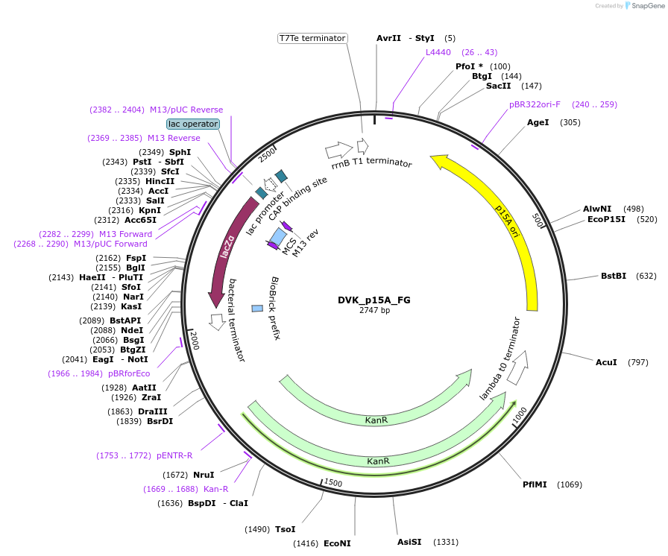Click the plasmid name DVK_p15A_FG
pyautogui.click(x=374, y=300)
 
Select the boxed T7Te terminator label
pyautogui.click(x=312, y=38)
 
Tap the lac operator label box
pyautogui.click(x=193, y=124)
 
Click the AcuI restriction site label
pyautogui.click(x=606, y=362)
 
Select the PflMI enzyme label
pyautogui.click(x=535, y=484)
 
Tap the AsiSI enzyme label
pyautogui.click(x=409, y=542)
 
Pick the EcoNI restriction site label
pyautogui.click(x=337, y=543)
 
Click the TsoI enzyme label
pyautogui.click(x=286, y=529)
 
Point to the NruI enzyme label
pyautogui.click(x=204, y=475)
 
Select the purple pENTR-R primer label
pyautogui.click(x=174, y=455)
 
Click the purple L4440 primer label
pyautogui.click(x=438, y=52)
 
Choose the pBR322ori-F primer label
pyautogui.click(x=535, y=104)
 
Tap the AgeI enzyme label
pyautogui.click(x=538, y=122)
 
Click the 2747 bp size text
pyautogui.click(x=374, y=311)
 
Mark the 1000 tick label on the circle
pyautogui.click(x=520, y=416)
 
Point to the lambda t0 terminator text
pyautogui.click(x=500, y=358)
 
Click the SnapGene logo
pyautogui.click(x=644, y=6)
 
